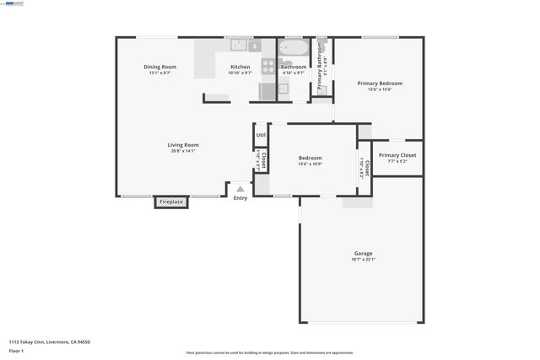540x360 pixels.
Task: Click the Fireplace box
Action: pos(171,202)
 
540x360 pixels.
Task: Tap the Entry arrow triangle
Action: pos(240,190)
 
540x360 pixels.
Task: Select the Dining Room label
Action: pos(159,67)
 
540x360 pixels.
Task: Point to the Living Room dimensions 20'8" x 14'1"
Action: pos(182,151)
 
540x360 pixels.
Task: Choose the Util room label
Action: pos(261,134)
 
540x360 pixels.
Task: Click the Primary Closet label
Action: pos(397,155)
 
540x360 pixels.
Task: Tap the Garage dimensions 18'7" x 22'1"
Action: pos(363,259)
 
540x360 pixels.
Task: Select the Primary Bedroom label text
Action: pos(379,83)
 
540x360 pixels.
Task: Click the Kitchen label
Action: pos(240,67)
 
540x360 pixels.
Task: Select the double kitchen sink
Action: pos(239,45)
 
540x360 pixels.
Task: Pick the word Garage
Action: pos(363,253)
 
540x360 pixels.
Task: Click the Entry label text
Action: pos(240,198)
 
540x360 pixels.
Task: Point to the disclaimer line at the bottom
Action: pos(269,352)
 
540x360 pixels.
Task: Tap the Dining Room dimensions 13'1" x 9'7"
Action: pos(159,73)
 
